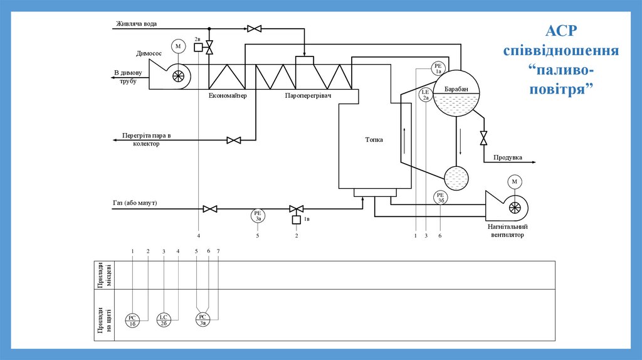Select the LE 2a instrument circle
click(x=426, y=95)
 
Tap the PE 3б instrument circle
click(x=441, y=198)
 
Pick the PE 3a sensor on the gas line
click(x=258, y=216)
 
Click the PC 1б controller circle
click(x=133, y=320)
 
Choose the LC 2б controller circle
click(x=163, y=320)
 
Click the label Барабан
click(x=456, y=90)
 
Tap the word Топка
click(x=374, y=140)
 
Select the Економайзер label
click(x=228, y=96)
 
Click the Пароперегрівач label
click(x=307, y=96)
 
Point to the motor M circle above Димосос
click(x=178, y=46)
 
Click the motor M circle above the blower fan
click(x=515, y=182)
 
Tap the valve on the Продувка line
click(x=483, y=137)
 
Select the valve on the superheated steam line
click(x=234, y=140)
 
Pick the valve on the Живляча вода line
click(x=255, y=28)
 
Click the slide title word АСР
click(x=561, y=31)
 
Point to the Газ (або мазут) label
click(x=135, y=204)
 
